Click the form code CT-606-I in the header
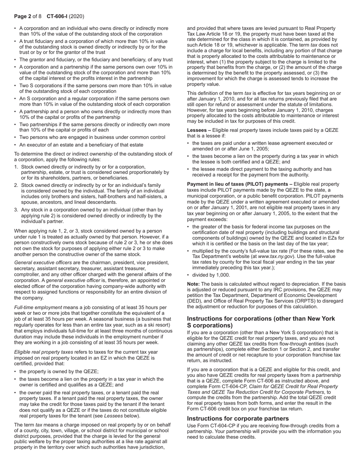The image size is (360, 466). coord(57,16)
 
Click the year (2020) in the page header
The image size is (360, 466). coord(77,16)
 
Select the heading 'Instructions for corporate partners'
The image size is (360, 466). coord(238,418)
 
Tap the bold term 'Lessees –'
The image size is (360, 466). coord(200,130)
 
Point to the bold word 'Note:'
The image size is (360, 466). coord(194,284)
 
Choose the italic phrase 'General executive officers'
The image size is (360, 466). coord(43,263)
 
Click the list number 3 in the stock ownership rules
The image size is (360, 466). coord(16,210)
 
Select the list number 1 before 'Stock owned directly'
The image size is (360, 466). coord(16,167)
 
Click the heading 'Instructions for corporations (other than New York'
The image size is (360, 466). coord(261,319)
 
